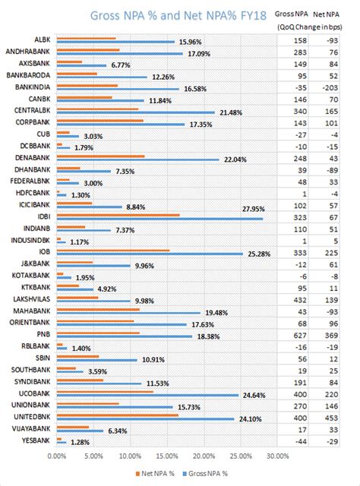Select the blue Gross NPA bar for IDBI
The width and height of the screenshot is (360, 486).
click(159, 219)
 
